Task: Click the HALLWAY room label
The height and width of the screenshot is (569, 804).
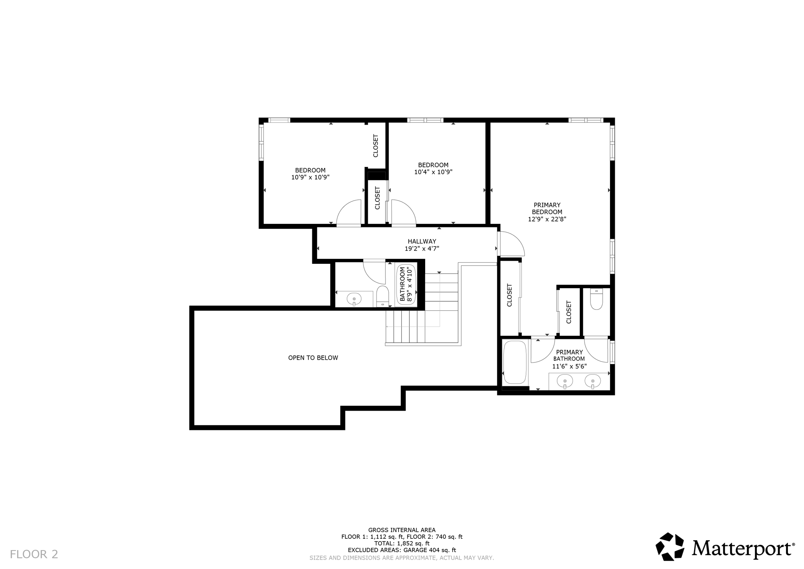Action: click(422, 242)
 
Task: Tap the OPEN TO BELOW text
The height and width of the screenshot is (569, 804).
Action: click(313, 358)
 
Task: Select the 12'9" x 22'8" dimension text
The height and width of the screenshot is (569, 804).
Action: click(547, 219)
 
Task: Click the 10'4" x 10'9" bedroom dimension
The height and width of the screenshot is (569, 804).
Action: click(433, 172)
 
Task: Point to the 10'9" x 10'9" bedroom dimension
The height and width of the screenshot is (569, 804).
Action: click(310, 177)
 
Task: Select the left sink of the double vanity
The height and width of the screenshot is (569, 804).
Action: click(565, 381)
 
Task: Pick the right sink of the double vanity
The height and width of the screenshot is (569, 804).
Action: click(592, 381)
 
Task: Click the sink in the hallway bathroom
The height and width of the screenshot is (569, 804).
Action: click(354, 299)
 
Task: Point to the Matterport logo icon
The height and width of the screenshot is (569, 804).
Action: click(670, 546)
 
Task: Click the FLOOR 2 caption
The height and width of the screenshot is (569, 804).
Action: click(34, 554)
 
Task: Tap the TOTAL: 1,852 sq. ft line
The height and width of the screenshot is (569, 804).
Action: click(402, 543)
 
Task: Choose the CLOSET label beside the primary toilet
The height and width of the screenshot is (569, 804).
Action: click(568, 312)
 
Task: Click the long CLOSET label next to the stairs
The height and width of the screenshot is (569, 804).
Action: click(510, 295)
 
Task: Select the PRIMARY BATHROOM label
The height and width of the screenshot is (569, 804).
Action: click(569, 355)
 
